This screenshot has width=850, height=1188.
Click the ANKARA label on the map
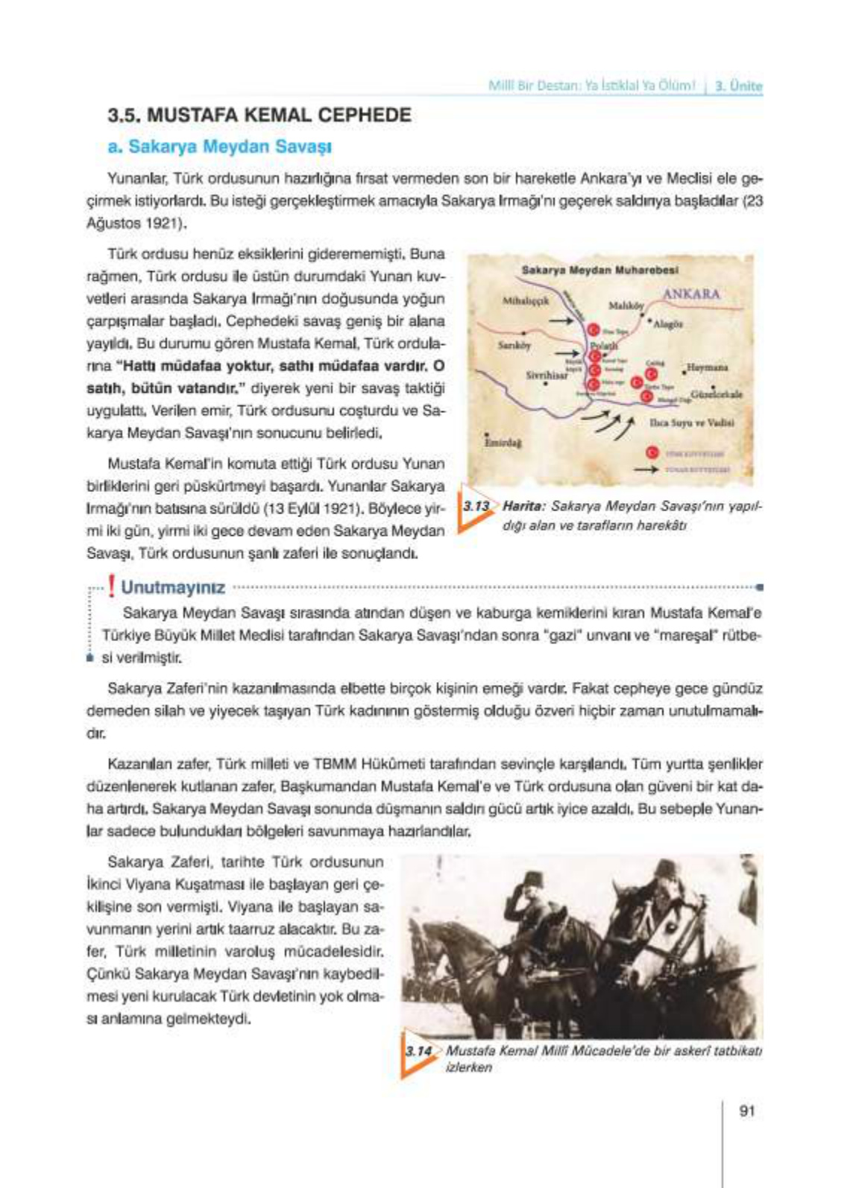click(x=691, y=294)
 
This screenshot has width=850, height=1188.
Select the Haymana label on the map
click(x=707, y=367)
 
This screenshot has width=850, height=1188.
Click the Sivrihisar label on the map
click(x=547, y=376)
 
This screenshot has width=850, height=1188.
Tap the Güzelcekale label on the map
click(x=716, y=394)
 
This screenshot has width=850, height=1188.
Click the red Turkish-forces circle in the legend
click(x=652, y=452)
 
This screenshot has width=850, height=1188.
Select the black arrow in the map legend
click(x=646, y=470)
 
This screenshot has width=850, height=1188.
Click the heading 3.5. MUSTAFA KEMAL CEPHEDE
click(x=259, y=116)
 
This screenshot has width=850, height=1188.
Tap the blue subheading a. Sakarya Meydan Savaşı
click(x=219, y=147)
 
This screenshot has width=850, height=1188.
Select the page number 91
click(x=746, y=1110)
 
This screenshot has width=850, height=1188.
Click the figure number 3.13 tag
click(x=476, y=507)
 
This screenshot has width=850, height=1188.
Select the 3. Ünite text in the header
click(x=738, y=86)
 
